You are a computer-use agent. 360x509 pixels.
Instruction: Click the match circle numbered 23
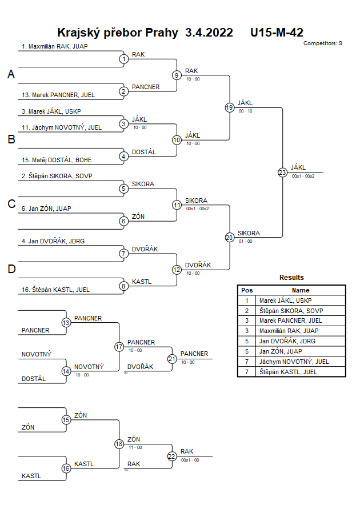point(282,172)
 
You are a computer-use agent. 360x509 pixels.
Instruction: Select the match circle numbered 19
point(230,107)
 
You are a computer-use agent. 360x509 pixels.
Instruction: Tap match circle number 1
point(123,59)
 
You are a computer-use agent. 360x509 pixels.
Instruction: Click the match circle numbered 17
point(119,347)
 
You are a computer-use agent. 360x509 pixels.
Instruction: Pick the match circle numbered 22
point(172,456)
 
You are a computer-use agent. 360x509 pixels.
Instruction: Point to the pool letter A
point(11,75)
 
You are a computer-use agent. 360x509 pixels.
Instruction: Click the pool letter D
point(11,269)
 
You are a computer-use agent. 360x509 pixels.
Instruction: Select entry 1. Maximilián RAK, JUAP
point(55,47)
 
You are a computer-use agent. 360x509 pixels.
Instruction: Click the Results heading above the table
point(291,278)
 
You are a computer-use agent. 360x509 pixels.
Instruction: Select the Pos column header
point(247,290)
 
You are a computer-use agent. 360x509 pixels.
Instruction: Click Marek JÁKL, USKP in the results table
point(286,300)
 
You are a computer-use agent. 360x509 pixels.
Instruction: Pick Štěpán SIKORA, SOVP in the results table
point(290,311)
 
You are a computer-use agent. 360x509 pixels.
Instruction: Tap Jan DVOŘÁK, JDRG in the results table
point(288,341)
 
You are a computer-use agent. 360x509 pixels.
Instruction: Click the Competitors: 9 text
point(323,43)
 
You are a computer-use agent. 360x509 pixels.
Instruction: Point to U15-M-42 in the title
point(277,33)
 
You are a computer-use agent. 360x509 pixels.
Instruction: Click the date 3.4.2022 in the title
point(209,33)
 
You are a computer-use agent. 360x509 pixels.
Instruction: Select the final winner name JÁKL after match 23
point(298,167)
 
